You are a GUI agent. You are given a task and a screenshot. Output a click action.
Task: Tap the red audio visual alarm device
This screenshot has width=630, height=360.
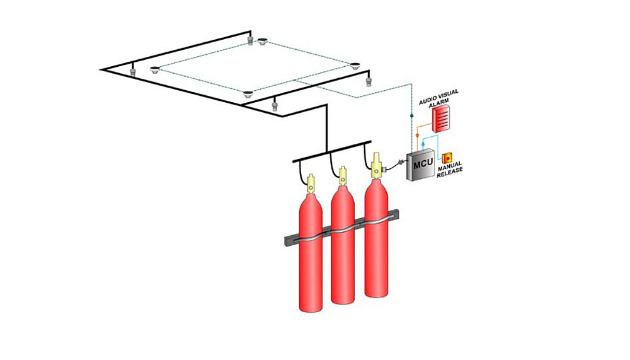click(x=440, y=117)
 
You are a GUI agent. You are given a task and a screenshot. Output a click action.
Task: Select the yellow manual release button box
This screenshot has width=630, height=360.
click(x=448, y=158)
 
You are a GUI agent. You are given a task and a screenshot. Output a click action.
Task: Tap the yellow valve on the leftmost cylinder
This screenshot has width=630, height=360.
click(x=310, y=185)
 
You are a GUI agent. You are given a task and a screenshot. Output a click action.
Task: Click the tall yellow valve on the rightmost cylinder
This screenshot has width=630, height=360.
click(x=377, y=166)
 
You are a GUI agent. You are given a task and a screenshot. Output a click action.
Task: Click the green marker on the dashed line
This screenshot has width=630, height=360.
click(x=411, y=117)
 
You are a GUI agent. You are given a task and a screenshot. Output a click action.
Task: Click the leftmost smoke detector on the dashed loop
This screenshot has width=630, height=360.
click(x=155, y=68)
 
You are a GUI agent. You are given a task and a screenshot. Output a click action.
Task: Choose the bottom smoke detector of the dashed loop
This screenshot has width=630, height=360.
click(x=248, y=95)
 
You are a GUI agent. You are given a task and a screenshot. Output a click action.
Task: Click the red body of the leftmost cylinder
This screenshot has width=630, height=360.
click(x=310, y=252)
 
